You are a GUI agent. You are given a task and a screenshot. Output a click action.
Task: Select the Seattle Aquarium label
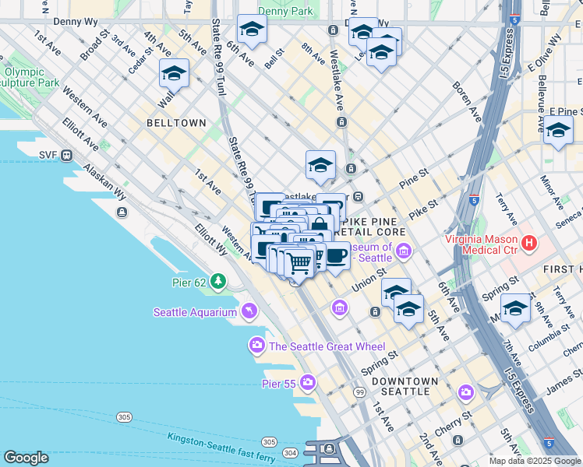[x=194, y=312]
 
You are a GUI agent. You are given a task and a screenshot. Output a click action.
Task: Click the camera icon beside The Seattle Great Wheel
[x=256, y=345]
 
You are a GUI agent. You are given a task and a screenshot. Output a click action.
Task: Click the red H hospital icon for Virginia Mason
[x=530, y=243]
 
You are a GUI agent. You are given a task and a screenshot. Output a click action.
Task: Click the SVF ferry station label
[x=48, y=155]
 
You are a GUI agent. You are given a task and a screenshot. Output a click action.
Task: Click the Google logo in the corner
[x=26, y=458]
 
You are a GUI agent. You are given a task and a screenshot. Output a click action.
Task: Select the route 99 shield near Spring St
[x=359, y=392]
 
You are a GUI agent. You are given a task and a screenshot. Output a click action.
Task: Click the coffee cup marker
[x=337, y=256]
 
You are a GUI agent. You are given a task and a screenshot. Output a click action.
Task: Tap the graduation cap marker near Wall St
[x=174, y=74]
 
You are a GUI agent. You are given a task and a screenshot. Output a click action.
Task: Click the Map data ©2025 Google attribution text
[x=535, y=461]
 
